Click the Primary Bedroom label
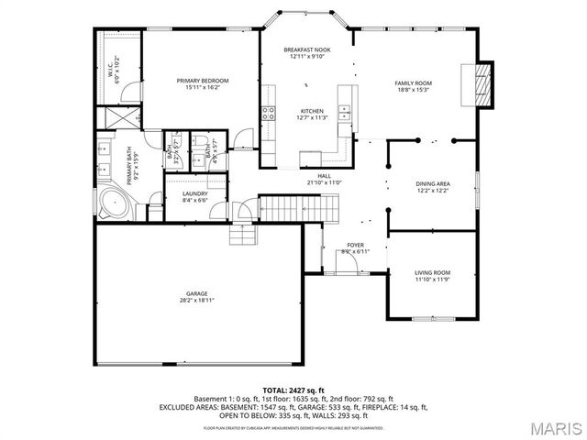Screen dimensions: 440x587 pos(202,81)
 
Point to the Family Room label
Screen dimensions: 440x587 pos(413,82)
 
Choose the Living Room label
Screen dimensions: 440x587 pos(433,272)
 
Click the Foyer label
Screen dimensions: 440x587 pos(354,246)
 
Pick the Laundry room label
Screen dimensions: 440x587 pos(194,193)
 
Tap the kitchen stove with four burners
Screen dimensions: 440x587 pos(270,113)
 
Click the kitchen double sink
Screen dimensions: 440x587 pos(347,113)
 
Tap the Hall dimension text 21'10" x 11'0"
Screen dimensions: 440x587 pos(325,182)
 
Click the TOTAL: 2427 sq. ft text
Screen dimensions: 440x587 pos(293,391)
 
